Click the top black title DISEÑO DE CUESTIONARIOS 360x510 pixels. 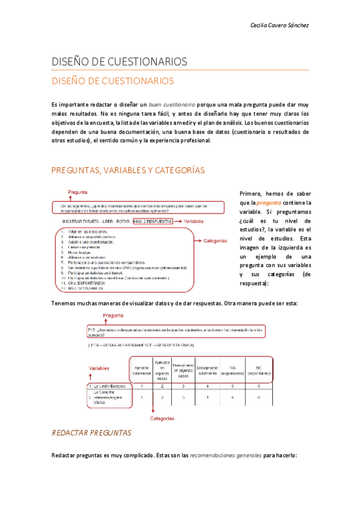pyautogui.click(x=120, y=62)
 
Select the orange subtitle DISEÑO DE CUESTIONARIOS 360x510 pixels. pyautogui.click(x=112, y=81)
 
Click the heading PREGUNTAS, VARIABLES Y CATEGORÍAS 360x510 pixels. pyautogui.click(x=128, y=171)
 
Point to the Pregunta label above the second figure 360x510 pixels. pyautogui.click(x=114, y=316)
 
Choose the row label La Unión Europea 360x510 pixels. pyautogui.click(x=111, y=386)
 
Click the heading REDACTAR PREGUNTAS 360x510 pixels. pyautogui.click(x=92, y=433)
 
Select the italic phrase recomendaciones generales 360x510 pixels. pyautogui.click(x=225, y=455)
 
